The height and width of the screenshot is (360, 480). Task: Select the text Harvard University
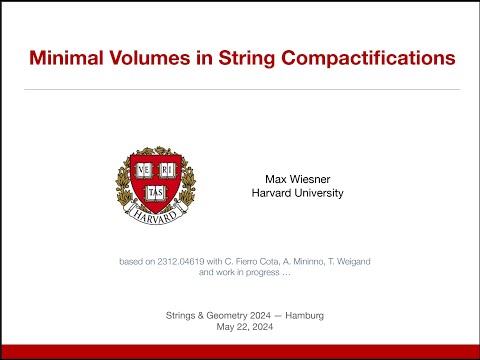[x=297, y=193]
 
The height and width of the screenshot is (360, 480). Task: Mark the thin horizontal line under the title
[x=240, y=89]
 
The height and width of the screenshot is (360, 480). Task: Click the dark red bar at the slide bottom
[x=240, y=351]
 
